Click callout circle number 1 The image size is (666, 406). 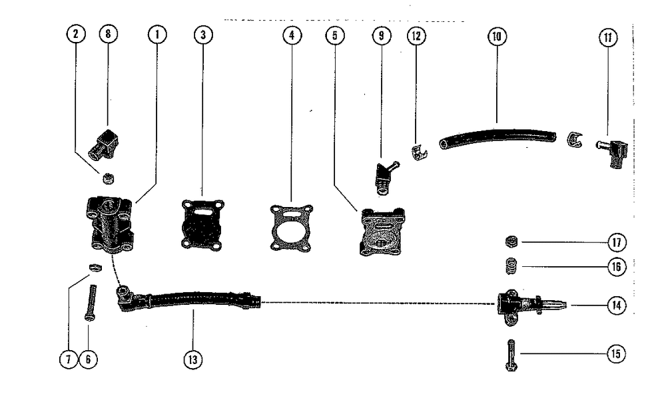(157, 35)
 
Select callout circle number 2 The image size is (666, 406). (77, 35)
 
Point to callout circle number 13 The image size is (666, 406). (193, 359)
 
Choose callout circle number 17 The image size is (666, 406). (617, 242)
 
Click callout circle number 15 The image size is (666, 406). (617, 354)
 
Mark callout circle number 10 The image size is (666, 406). (495, 37)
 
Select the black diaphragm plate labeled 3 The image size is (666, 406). (202, 224)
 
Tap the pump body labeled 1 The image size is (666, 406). (110, 223)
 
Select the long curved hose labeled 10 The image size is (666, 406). (496, 136)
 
